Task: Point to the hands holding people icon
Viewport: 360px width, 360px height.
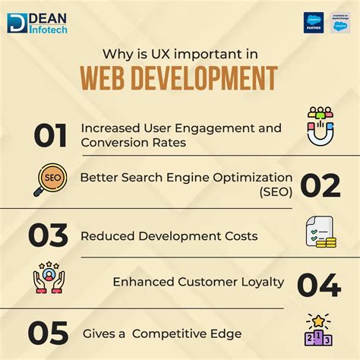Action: pos(49,279)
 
